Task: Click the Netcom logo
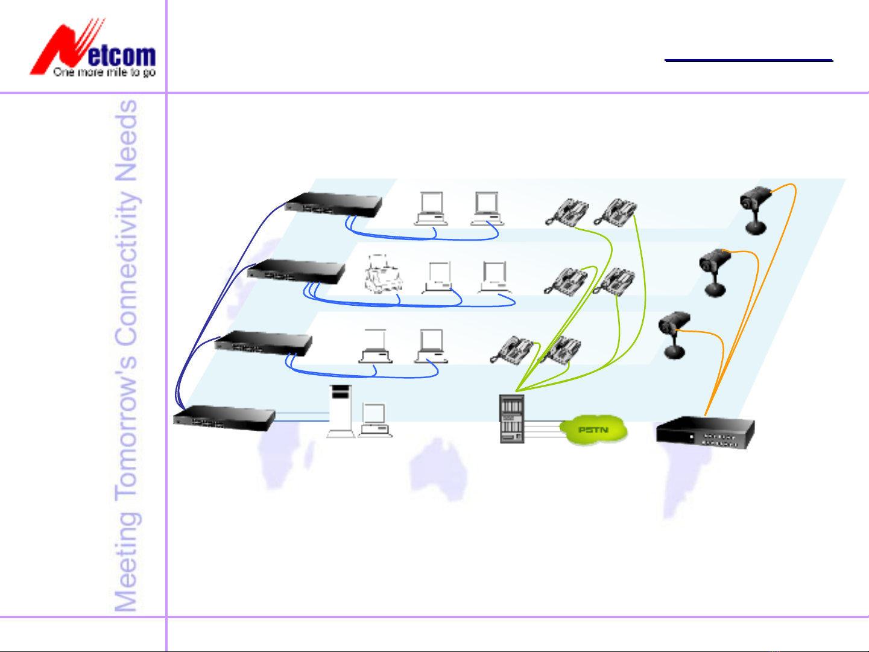pyautogui.click(x=93, y=48)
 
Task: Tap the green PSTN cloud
pyautogui.click(x=593, y=430)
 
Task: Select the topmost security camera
pyautogui.click(x=755, y=209)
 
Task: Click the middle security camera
pyautogui.click(x=715, y=272)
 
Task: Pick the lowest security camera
pyautogui.click(x=674, y=334)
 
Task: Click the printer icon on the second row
pyautogui.click(x=382, y=275)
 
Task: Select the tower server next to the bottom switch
pyautogui.click(x=340, y=410)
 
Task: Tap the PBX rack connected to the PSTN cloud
pyautogui.click(x=511, y=419)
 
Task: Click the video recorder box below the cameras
pyautogui.click(x=704, y=432)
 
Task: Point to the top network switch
pyautogui.click(x=334, y=204)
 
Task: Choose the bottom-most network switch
pyautogui.click(x=224, y=417)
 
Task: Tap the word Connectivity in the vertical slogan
pyautogui.click(x=127, y=268)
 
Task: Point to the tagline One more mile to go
pyautogui.click(x=104, y=72)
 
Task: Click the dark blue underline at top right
pyautogui.click(x=748, y=60)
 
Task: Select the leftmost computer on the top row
pyautogui.click(x=431, y=209)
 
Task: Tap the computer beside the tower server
pyautogui.click(x=375, y=419)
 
